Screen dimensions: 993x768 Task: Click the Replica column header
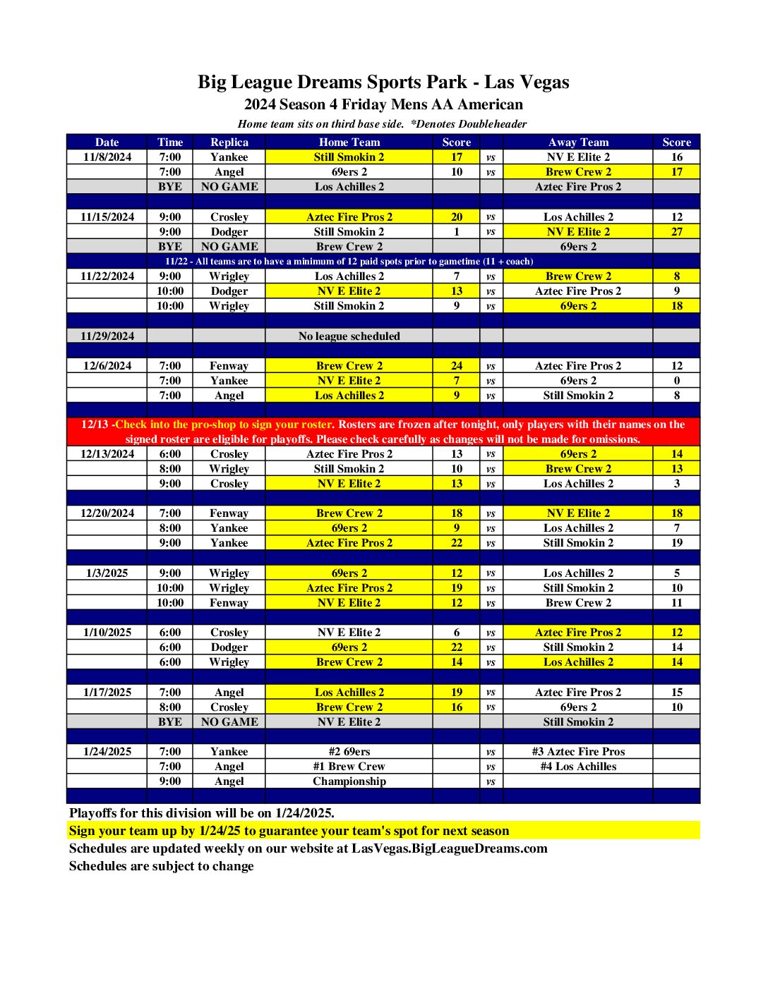tap(229, 142)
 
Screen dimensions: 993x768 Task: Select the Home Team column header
tap(349, 142)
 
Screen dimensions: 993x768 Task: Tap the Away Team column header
tap(577, 142)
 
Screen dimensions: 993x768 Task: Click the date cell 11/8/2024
tap(107, 157)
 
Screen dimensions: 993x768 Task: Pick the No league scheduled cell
tap(349, 336)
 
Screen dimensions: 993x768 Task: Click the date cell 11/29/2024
tap(107, 336)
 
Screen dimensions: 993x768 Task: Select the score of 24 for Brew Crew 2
tap(456, 366)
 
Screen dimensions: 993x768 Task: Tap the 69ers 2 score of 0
tap(676, 381)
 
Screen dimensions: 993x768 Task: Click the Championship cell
tap(349, 781)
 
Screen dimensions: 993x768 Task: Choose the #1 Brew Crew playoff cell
tap(349, 767)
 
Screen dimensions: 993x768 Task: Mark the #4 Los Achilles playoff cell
tap(577, 767)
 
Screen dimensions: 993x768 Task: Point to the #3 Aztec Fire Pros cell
tap(577, 752)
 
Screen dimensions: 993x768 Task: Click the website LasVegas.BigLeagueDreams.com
tap(449, 848)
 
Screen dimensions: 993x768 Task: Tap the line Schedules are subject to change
tap(161, 866)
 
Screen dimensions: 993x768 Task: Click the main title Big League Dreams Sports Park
tap(383, 83)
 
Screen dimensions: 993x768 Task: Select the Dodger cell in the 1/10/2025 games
tap(229, 647)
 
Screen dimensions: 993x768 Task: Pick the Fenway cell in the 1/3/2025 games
tap(229, 603)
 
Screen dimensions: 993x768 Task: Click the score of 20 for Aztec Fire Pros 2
tap(456, 217)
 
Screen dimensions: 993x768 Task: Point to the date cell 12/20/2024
tap(107, 513)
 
